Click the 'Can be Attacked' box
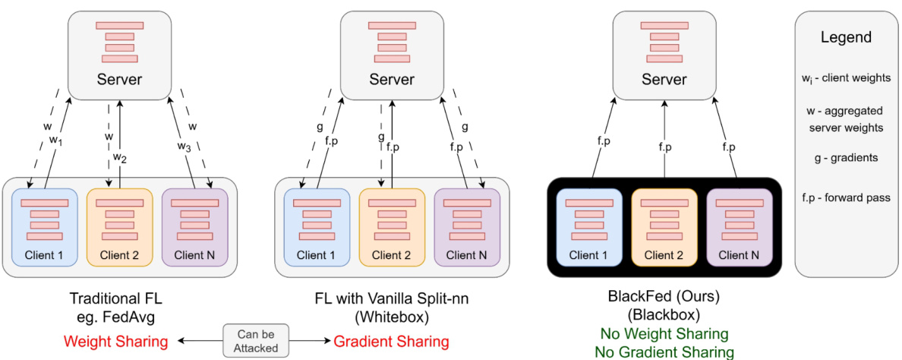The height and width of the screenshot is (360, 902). point(251,341)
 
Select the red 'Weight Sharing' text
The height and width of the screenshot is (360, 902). point(115,342)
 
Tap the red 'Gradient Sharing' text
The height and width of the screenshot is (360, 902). point(391,342)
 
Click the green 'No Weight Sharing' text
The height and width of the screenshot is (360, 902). point(664,334)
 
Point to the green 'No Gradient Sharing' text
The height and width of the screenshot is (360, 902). point(664,351)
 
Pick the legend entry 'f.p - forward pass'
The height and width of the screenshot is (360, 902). point(846,198)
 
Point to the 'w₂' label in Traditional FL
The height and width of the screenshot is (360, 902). point(119,157)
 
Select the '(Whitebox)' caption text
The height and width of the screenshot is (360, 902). point(392,315)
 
